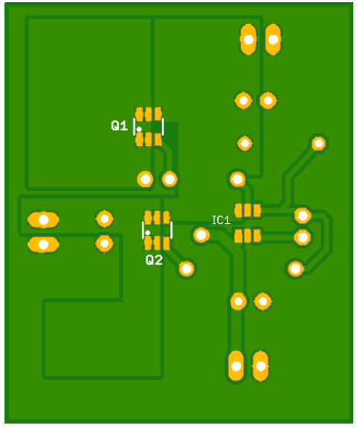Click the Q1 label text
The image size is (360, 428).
[119, 126]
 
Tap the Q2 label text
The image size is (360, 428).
[154, 260]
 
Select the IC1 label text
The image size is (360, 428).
[221, 220]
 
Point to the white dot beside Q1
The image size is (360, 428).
[139, 129]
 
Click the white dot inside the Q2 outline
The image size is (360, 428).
[148, 233]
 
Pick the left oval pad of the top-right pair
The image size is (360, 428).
[248, 39]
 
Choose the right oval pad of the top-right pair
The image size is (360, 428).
[273, 39]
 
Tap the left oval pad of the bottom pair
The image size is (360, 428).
[236, 366]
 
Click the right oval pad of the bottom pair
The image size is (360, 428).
[260, 366]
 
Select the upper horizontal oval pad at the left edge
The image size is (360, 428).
[43, 220]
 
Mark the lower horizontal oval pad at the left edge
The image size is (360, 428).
[43, 244]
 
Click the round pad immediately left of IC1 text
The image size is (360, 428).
[202, 235]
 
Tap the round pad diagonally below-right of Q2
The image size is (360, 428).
[187, 268]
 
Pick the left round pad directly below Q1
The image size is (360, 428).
[145, 179]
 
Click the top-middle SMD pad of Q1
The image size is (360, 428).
[148, 114]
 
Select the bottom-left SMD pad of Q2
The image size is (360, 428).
[148, 244]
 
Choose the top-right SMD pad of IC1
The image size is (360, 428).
[257, 210]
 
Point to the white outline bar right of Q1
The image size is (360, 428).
[163, 126]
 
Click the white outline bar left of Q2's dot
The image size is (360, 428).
[143, 230]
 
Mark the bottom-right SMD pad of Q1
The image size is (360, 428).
[158, 140]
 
